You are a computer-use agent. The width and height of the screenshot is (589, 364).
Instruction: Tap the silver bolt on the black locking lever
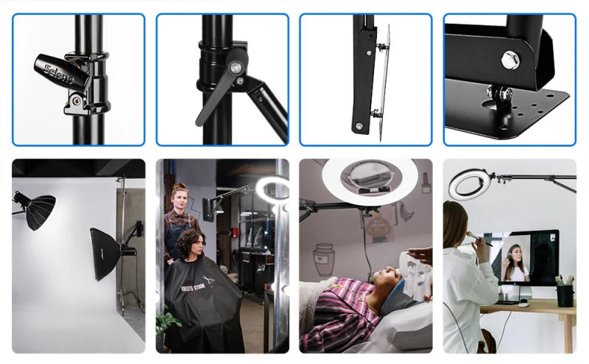(x=235, y=68)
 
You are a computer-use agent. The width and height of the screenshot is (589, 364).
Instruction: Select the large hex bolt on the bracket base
(x=510, y=59)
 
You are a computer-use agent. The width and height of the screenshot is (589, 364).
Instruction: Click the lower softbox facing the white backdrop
(x=105, y=253)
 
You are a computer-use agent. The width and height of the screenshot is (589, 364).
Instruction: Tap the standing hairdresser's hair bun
(x=180, y=188)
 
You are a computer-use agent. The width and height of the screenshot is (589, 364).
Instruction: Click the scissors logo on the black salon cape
(x=208, y=280)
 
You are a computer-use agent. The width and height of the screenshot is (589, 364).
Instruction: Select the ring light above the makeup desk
(x=469, y=185)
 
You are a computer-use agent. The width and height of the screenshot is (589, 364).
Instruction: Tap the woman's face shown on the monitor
(x=515, y=255)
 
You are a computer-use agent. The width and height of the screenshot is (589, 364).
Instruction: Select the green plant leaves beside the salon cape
(x=166, y=322)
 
